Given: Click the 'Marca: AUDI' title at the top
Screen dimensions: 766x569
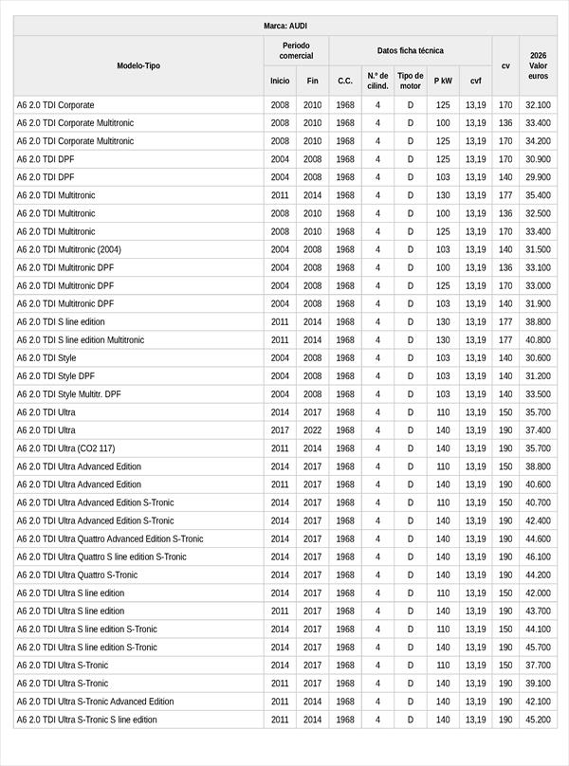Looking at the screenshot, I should (284, 26).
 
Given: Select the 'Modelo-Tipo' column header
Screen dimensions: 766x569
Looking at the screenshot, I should (138, 65).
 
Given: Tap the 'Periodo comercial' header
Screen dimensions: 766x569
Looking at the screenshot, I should (296, 50).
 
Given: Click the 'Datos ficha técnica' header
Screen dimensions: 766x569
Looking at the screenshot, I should (410, 50).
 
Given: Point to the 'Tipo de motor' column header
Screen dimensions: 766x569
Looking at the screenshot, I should (410, 81).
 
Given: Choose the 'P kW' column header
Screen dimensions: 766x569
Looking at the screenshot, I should (443, 81).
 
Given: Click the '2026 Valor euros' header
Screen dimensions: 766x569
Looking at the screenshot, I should (538, 65).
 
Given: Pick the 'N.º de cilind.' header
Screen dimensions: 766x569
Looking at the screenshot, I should (377, 81).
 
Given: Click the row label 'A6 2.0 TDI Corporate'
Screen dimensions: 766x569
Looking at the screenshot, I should (56, 105).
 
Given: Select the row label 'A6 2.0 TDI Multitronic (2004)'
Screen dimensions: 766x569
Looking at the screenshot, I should (69, 249).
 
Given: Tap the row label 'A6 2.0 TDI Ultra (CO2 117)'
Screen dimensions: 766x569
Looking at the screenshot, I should (65, 448).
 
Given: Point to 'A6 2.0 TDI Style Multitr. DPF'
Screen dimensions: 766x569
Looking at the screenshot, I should (69, 394).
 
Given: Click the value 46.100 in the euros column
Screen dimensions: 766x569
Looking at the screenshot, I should (538, 557).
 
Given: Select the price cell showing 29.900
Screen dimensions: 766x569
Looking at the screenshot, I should (538, 177).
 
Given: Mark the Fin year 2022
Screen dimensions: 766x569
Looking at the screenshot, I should (313, 430).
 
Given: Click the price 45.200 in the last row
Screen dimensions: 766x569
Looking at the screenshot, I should (538, 720).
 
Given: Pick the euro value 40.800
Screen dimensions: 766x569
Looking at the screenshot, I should (538, 340).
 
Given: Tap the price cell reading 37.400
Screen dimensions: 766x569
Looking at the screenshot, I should (538, 430).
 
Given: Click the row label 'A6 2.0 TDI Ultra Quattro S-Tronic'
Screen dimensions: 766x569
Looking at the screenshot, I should (77, 575).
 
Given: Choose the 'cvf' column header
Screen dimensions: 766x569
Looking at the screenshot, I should (475, 81).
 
